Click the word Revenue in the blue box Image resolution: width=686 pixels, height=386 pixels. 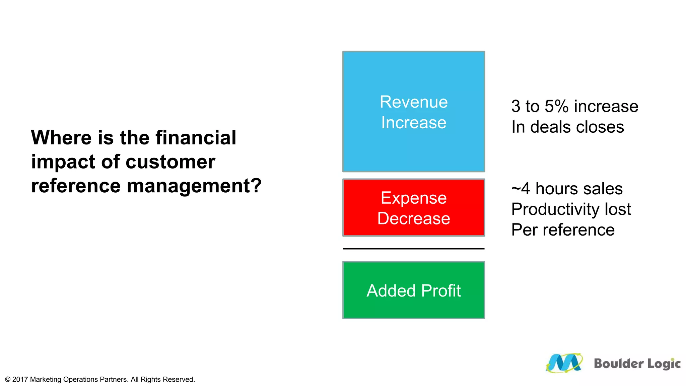413,102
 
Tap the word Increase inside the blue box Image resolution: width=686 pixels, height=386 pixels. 413,123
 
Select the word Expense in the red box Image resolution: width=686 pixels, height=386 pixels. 413,198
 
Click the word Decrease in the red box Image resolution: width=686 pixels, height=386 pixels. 413,218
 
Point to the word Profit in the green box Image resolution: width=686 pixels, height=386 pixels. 441,291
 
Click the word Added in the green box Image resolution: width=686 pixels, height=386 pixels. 391,291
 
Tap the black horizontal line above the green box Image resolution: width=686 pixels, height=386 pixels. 413,249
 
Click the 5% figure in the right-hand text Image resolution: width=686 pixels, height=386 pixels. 556,107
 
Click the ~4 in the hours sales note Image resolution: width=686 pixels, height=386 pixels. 521,189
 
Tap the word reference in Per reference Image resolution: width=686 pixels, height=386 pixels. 578,230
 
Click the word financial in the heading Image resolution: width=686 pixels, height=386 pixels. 196,138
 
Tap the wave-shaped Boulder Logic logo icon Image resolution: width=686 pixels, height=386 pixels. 564,363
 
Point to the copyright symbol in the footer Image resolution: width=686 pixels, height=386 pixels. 8,379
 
